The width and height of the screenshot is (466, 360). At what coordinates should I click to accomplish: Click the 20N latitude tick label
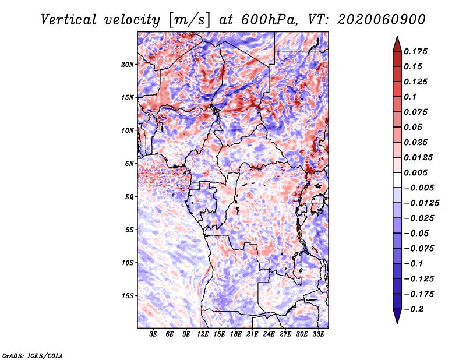pos(128,65)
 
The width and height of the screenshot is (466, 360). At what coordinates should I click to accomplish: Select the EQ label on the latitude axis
pos(129,197)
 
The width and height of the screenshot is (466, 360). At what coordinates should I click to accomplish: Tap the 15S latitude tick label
pos(128,296)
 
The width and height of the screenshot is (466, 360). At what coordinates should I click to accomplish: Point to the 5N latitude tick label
pos(129,164)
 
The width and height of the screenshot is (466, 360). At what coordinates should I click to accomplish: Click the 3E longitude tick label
pos(153,334)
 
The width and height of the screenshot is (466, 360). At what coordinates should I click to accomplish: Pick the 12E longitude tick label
pos(202,334)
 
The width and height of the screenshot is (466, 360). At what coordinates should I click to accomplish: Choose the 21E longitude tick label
pos(252,334)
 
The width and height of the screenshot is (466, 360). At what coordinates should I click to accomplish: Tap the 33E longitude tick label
pos(318,334)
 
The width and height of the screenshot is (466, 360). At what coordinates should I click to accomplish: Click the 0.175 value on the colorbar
pos(415,51)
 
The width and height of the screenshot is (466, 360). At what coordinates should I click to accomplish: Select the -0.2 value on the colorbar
pos(414,309)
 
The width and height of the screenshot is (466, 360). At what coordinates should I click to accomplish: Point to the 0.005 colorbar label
pos(415,172)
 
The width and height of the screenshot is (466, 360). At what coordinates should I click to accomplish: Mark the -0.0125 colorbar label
pos(421,203)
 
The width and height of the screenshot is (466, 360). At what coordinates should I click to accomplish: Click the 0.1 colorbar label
pos(410,97)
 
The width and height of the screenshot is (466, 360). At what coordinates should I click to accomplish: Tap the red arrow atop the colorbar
pos(397,44)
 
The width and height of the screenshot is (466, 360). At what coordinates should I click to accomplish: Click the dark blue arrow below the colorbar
pos(397,316)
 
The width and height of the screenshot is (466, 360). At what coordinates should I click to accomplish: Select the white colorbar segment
pos(397,180)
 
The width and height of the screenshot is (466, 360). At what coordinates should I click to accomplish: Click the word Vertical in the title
pos(69,20)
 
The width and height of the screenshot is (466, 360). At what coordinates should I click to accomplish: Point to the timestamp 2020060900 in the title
pos(382,20)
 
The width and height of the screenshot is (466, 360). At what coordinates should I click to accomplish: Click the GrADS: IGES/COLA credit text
pos(33,355)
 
